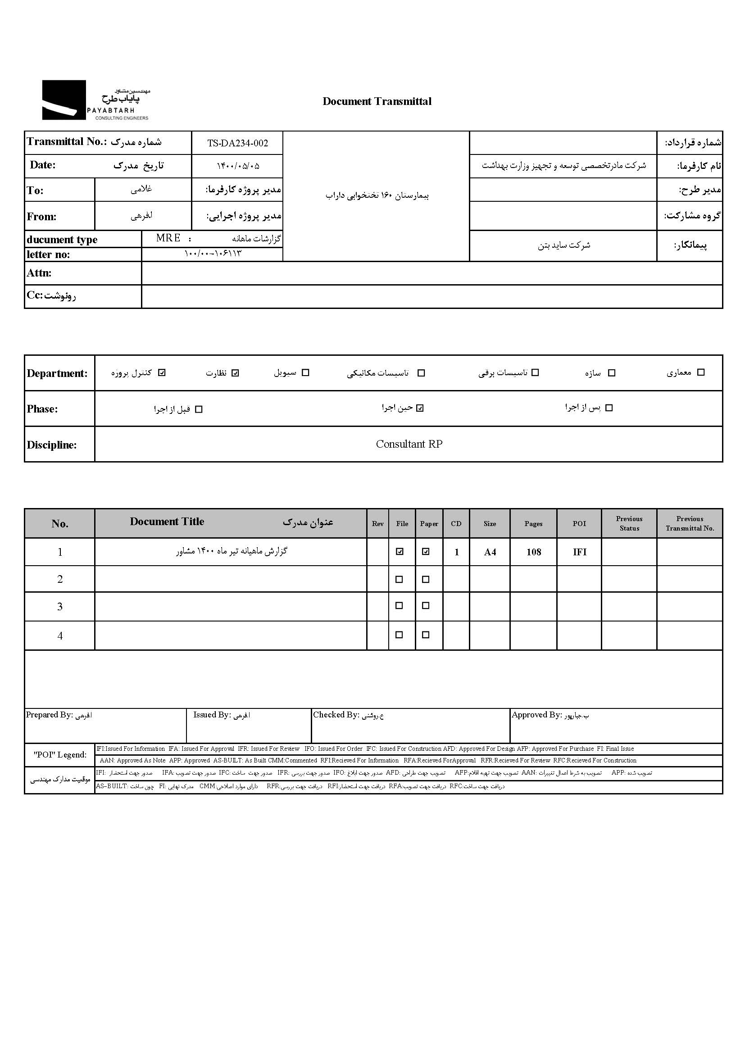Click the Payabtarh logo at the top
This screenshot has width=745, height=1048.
click(95, 100)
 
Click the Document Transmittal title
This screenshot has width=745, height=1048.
click(377, 101)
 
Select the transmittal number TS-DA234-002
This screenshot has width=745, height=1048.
click(237, 143)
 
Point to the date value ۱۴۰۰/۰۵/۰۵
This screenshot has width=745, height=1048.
click(238, 166)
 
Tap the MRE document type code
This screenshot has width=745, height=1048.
click(168, 238)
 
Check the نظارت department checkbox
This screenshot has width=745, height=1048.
click(235, 373)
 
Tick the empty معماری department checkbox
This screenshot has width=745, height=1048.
click(700, 372)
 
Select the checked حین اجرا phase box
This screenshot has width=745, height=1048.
click(420, 408)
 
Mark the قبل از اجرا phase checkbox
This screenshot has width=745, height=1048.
click(199, 409)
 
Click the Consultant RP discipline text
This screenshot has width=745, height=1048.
click(409, 444)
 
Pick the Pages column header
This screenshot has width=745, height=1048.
click(533, 523)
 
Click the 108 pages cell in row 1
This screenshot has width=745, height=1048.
click(533, 552)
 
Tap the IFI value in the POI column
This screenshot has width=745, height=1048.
click(579, 552)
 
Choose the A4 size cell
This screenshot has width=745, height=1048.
click(490, 552)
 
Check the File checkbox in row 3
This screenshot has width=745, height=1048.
click(399, 606)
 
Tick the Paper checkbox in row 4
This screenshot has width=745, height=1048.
click(426, 635)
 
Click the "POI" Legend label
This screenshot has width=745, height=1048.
click(59, 754)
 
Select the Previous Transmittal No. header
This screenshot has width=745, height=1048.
click(690, 523)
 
